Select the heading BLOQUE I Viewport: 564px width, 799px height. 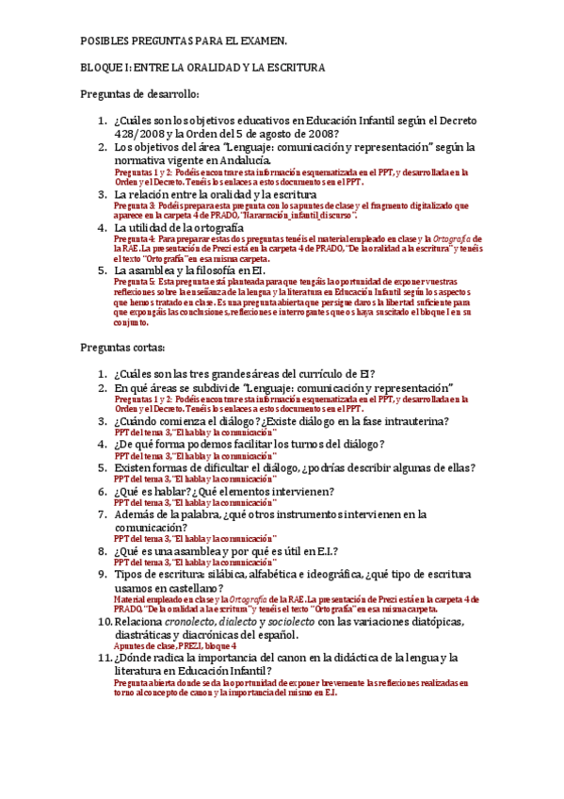(x=105, y=68)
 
